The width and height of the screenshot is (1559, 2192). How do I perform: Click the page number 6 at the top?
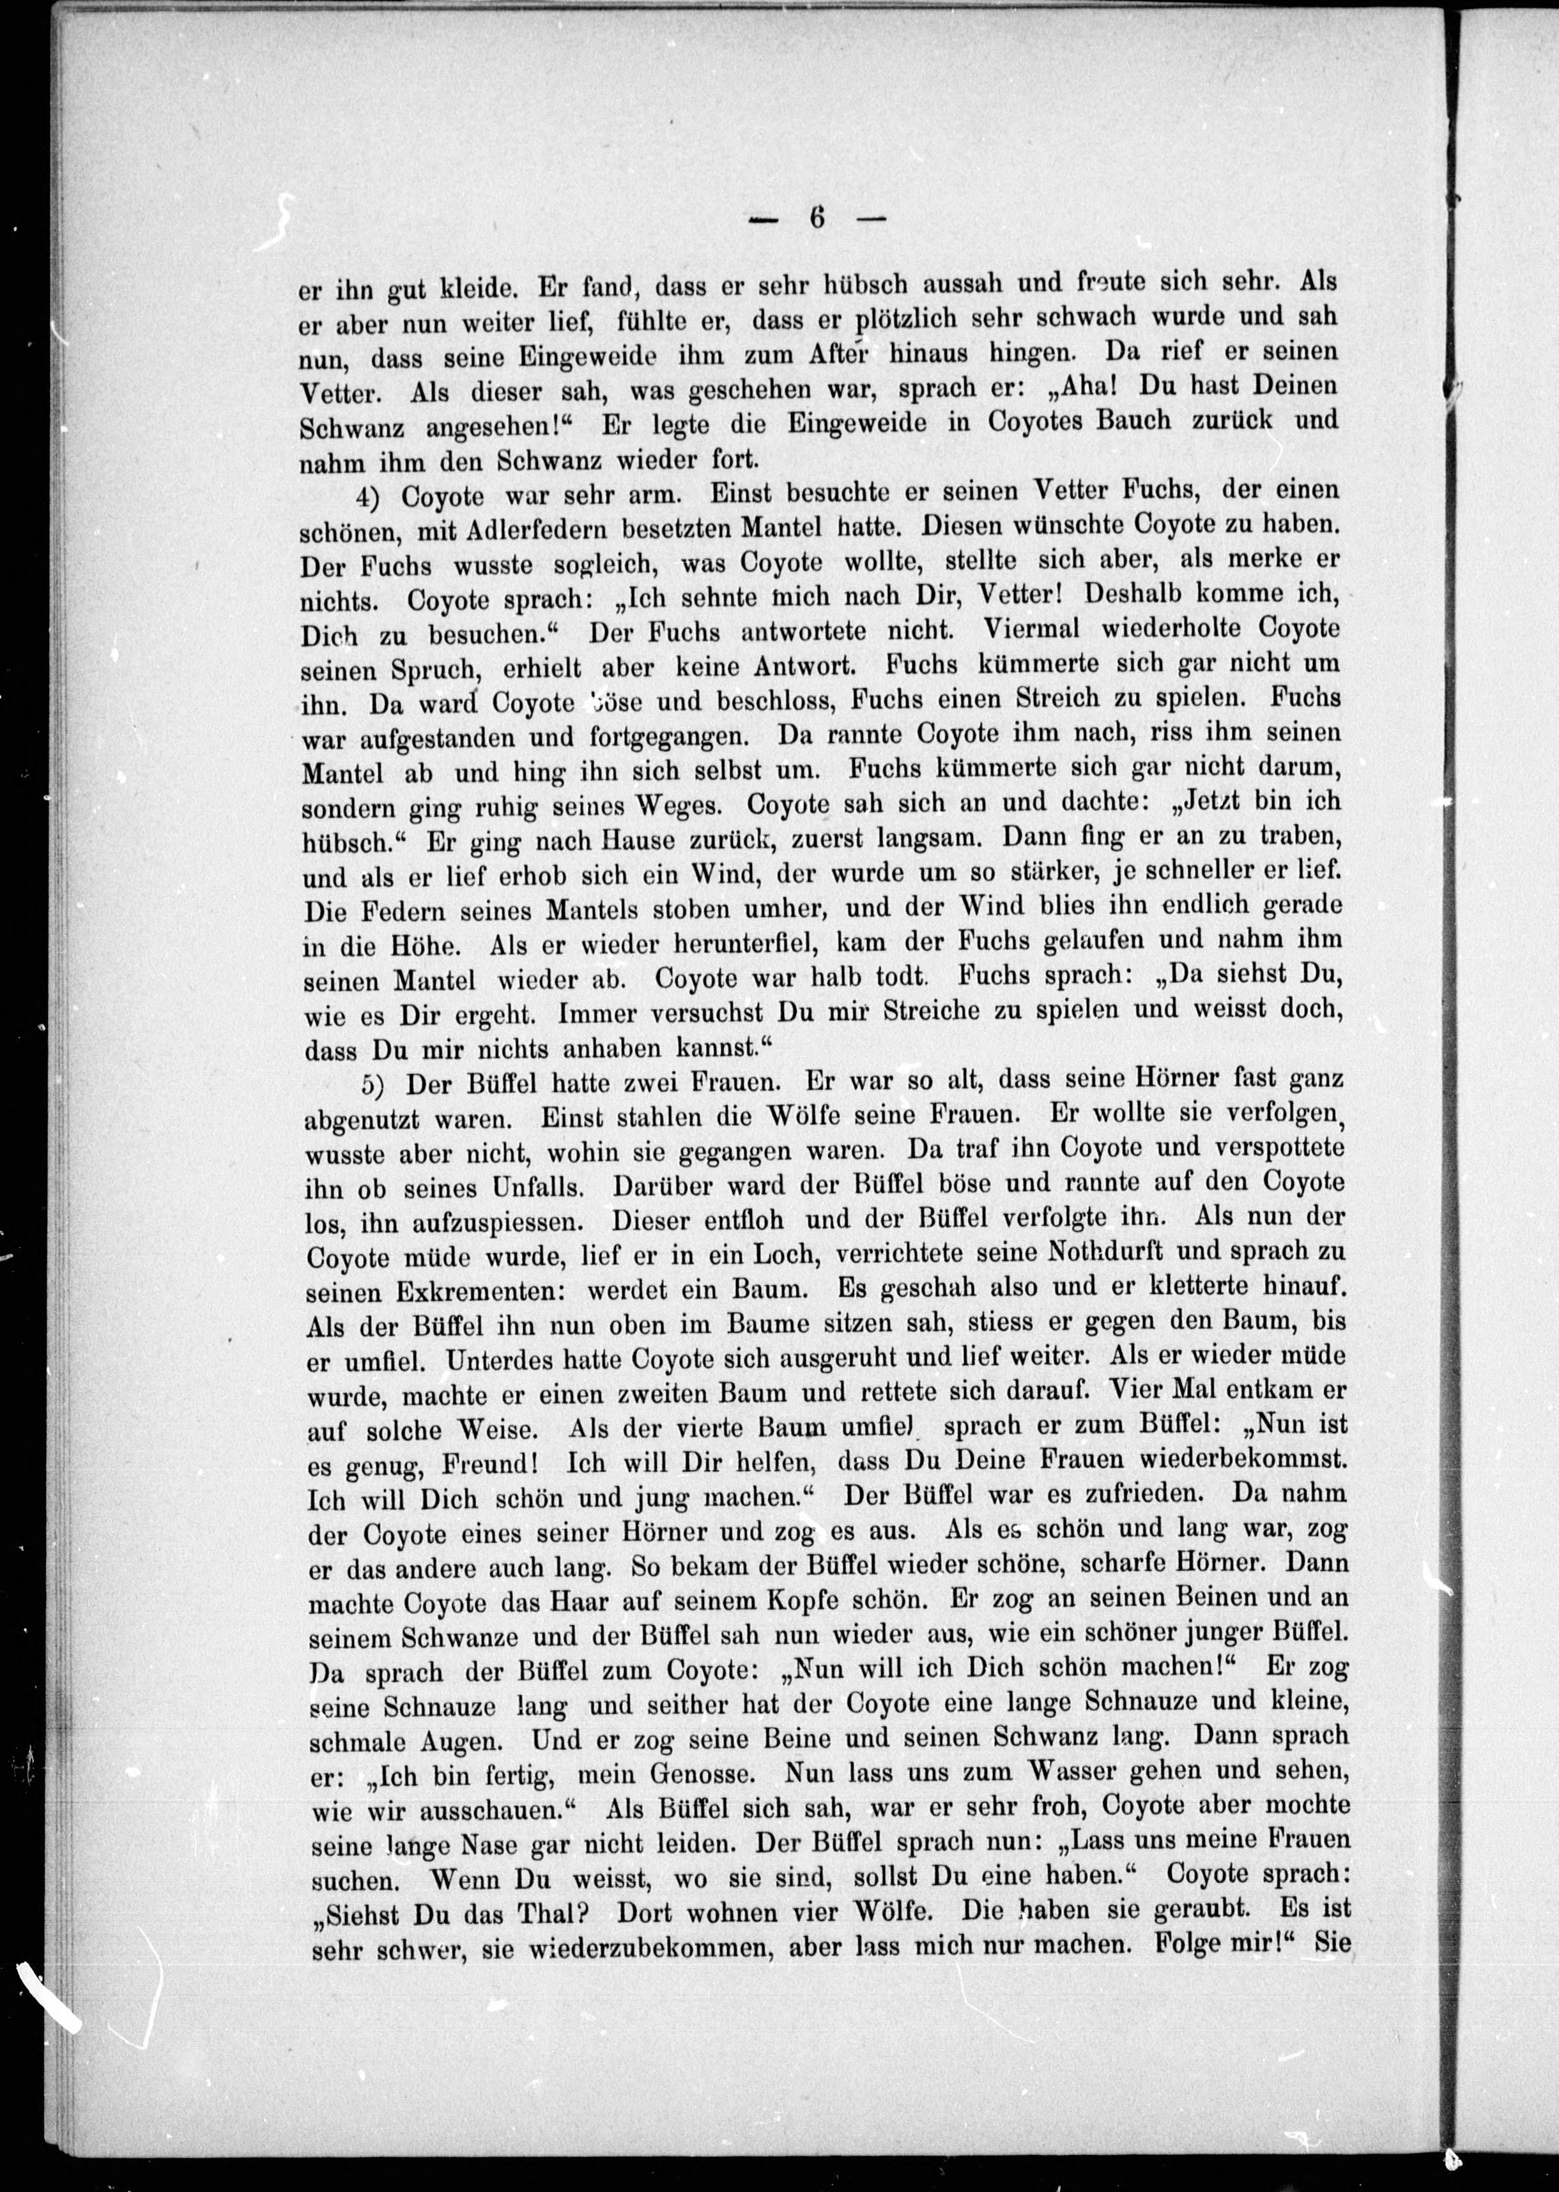click(x=817, y=218)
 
